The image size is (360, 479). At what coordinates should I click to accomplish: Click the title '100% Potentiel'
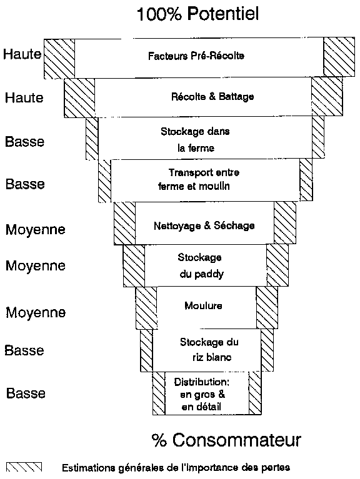[197, 14]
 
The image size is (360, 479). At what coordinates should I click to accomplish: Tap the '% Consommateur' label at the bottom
[226, 440]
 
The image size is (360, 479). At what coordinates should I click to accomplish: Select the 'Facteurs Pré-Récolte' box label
[196, 56]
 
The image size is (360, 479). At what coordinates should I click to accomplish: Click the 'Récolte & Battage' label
[212, 97]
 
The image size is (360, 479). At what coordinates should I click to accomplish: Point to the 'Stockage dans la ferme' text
[195, 140]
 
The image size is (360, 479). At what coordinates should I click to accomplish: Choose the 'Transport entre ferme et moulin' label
[199, 179]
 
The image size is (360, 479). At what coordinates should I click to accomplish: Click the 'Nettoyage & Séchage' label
[204, 225]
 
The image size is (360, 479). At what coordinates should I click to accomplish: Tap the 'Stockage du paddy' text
[201, 265]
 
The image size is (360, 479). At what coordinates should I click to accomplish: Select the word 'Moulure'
[203, 306]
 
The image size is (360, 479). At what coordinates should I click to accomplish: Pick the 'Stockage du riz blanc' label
[209, 350]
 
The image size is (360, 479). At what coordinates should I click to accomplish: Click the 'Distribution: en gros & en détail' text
[201, 395]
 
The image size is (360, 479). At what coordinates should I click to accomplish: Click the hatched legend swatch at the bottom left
[24, 467]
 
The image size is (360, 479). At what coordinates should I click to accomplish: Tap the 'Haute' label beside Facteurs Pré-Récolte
[22, 54]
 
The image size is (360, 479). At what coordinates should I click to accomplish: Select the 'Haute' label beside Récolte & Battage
[24, 98]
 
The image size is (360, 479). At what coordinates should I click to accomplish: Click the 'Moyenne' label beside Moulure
[36, 312]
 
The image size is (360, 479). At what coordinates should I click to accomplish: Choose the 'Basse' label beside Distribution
[26, 393]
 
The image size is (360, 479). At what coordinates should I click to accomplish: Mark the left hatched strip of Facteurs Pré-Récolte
[59, 58]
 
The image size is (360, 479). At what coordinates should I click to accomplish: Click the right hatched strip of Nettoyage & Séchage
[285, 223]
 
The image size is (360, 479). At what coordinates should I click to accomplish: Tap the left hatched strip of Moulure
[146, 308]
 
